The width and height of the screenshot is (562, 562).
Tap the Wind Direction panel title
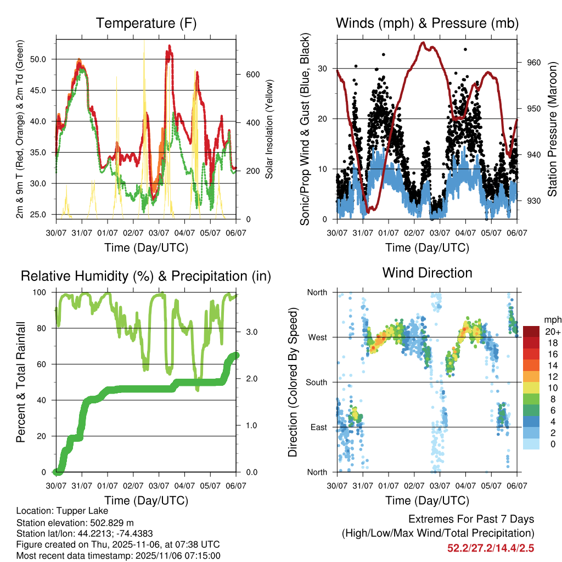coord(427,272)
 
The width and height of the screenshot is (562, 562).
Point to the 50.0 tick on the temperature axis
coord(43,59)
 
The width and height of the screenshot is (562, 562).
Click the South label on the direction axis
coord(317,382)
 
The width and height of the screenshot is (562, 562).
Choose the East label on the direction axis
coord(318,427)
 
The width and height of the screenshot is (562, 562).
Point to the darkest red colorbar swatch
coord(531,331)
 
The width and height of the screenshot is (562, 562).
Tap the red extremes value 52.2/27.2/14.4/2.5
coord(491,548)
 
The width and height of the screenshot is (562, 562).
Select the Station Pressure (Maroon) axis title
coord(552,129)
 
